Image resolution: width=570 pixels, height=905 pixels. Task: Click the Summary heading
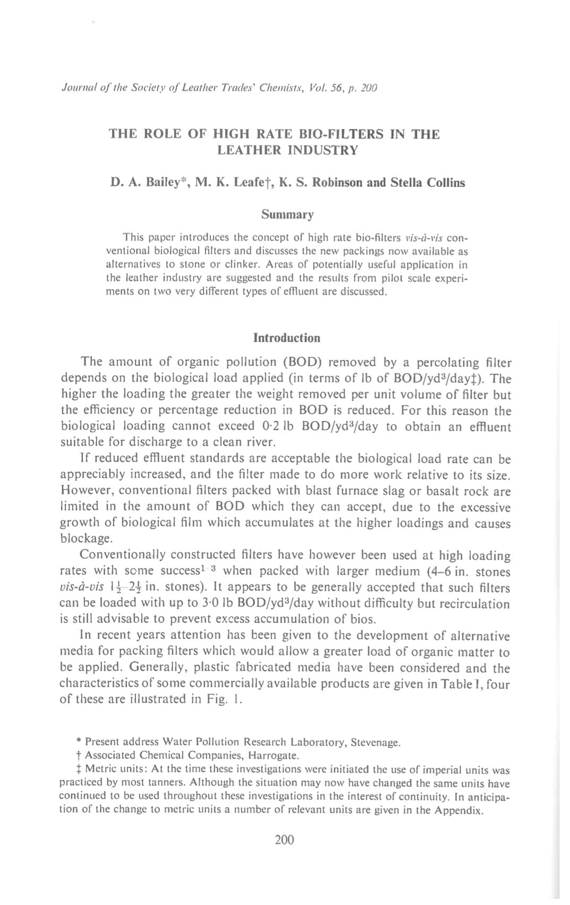[x=287, y=215]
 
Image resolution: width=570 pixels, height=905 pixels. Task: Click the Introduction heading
[x=287, y=338]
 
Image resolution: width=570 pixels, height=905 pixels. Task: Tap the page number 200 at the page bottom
[x=285, y=839]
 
